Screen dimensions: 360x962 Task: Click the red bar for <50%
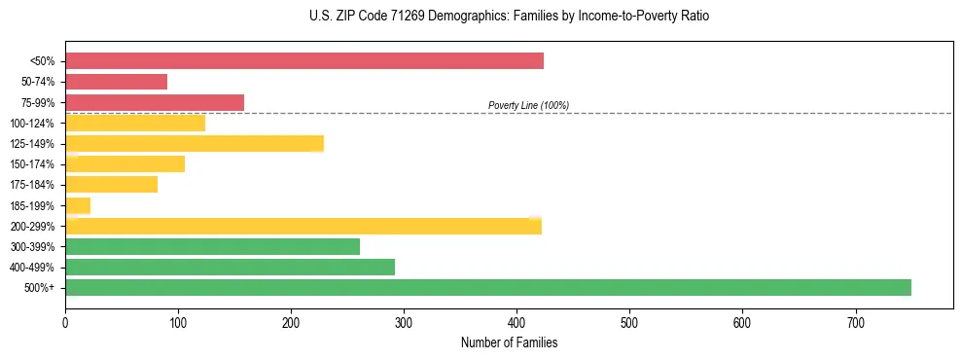(304, 61)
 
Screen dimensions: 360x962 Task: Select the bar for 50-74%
(116, 82)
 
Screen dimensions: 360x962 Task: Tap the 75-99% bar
(155, 102)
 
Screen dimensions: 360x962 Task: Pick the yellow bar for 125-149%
(195, 144)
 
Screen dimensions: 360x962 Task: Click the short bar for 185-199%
(78, 205)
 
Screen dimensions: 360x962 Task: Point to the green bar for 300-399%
(212, 247)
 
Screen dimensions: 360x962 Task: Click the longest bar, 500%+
(488, 288)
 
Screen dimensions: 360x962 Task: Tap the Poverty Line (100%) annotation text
(528, 105)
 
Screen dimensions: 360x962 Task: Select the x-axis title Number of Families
(509, 342)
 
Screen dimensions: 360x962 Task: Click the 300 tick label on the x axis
(404, 321)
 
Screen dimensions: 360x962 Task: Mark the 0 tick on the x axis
(65, 321)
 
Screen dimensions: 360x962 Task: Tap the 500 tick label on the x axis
(629, 321)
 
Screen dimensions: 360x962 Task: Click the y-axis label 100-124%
(33, 124)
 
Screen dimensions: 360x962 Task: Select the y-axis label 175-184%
(33, 185)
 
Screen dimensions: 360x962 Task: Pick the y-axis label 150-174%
(33, 164)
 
